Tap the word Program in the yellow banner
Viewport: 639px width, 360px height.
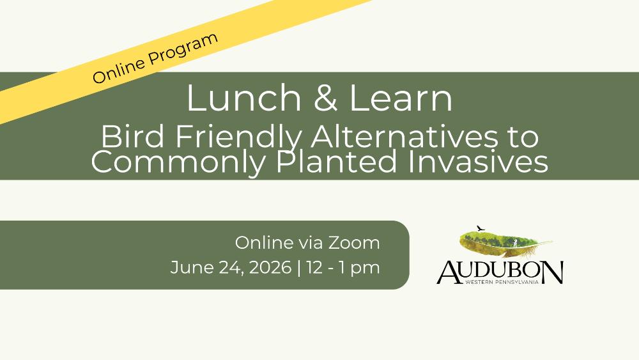click(183, 48)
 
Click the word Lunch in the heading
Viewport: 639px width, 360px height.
click(243, 98)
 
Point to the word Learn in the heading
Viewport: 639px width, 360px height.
click(401, 98)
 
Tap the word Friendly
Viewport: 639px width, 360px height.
click(239, 138)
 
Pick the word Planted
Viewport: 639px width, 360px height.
click(336, 161)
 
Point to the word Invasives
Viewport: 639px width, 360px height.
click(477, 161)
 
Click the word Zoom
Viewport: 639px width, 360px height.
click(354, 243)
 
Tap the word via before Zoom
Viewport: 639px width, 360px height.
click(311, 243)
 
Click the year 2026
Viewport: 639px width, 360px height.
click(270, 267)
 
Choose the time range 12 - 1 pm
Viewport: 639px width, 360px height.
click(343, 269)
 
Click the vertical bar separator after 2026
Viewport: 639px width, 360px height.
click(300, 269)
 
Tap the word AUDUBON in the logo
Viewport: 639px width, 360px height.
click(500, 272)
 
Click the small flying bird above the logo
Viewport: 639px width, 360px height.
click(481, 228)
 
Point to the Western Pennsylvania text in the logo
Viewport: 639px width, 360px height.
click(502, 282)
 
